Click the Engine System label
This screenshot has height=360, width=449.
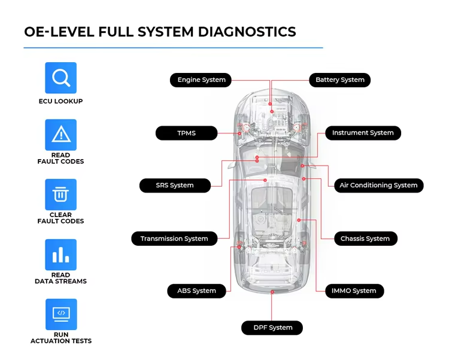201,80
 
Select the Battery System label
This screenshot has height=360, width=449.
339,80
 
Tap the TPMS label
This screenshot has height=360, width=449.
186,133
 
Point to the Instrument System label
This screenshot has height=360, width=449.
363,133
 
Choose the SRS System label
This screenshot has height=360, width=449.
175,185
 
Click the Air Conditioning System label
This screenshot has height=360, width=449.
378,185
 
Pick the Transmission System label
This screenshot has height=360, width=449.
174,239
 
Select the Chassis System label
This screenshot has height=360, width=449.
365,239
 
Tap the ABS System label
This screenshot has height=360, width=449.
196,291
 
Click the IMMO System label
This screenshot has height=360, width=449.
354,291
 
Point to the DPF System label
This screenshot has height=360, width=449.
272,328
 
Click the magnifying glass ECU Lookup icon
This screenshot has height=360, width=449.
61,78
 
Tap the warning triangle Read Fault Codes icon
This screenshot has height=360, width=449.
61,135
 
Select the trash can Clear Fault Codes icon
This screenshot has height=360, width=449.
61,194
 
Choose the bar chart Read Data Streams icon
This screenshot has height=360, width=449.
61,255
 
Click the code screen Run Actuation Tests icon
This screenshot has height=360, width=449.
61,314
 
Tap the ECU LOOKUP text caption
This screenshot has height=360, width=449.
61,102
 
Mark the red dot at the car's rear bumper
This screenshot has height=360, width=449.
272,291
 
